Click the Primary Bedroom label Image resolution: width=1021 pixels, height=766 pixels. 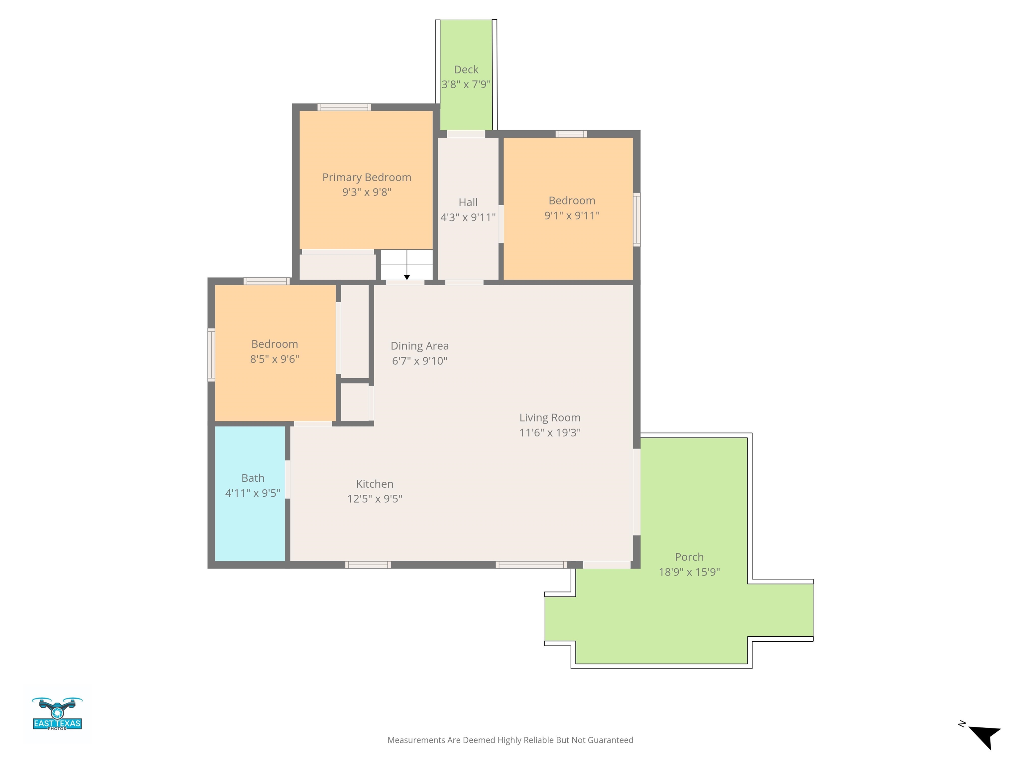click(x=367, y=177)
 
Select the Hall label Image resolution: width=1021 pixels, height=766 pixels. click(x=468, y=202)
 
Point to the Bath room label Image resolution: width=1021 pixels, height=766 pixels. click(x=253, y=478)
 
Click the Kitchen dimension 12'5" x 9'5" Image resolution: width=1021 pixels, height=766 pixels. click(x=375, y=499)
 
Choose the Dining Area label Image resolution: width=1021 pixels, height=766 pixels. click(x=419, y=346)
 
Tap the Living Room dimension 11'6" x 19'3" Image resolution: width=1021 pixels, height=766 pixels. click(x=550, y=433)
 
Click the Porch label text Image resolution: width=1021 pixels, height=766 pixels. click(x=689, y=557)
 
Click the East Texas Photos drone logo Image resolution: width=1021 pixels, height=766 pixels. click(x=57, y=713)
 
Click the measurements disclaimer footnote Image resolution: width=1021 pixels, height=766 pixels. click(x=510, y=740)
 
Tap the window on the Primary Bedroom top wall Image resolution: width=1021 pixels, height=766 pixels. click(x=344, y=107)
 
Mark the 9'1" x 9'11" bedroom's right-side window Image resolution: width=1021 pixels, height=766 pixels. click(x=636, y=219)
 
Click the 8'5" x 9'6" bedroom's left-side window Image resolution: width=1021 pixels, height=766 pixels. click(x=211, y=355)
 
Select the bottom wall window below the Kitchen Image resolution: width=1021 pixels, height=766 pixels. click(x=368, y=565)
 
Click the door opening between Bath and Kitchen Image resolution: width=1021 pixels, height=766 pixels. click(x=287, y=479)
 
